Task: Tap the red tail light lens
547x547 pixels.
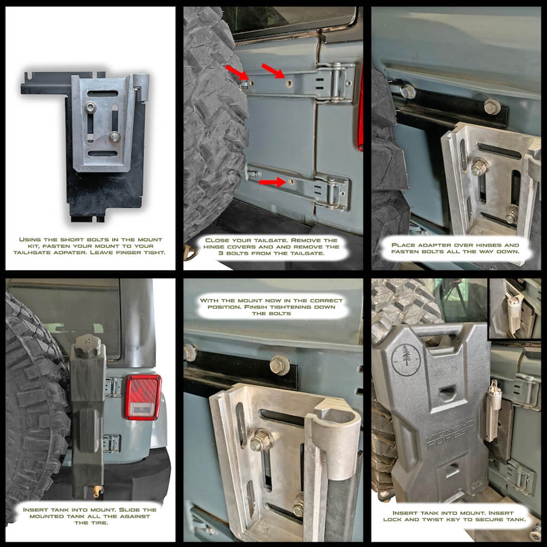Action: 143,396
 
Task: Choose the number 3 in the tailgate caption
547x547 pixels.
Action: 220,253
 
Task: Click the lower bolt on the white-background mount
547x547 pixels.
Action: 115,137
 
